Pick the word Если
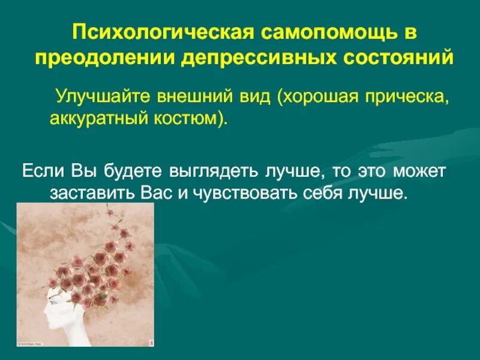[41, 172]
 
